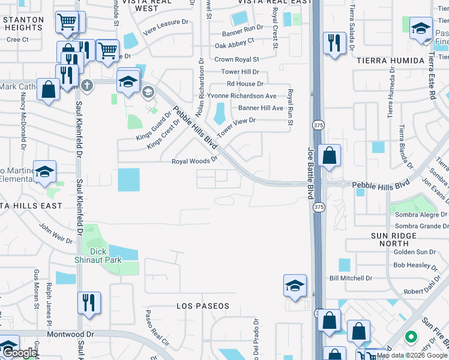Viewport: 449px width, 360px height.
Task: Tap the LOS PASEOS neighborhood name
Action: pos(203,306)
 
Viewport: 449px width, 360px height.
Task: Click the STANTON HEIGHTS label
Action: pos(22,23)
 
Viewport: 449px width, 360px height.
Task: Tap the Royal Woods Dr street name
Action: pos(194,161)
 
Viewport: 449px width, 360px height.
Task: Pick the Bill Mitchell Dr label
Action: pos(351,278)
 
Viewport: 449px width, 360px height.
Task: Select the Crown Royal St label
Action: pos(237,59)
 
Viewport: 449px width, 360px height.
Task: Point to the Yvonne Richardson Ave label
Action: pos(241,96)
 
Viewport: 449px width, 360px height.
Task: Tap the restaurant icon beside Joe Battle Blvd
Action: pos(334,42)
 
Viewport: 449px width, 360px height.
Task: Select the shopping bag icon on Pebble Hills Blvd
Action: pos(329,155)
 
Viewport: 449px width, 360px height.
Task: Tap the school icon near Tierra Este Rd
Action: pos(421,27)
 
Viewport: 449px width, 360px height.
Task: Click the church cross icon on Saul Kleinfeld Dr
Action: pos(88,85)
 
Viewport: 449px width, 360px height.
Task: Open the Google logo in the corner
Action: pos(20,353)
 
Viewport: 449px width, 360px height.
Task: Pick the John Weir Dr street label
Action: pos(56,234)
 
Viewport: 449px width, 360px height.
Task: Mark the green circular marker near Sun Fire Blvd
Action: pos(411,337)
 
